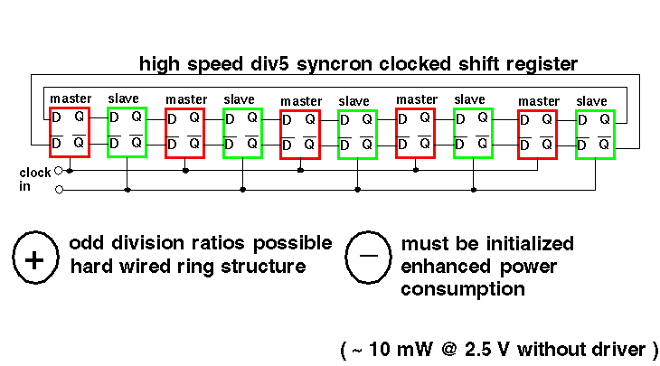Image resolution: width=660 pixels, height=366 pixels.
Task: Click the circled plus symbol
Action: [x=34, y=259]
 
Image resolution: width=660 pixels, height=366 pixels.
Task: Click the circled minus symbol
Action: [x=368, y=257]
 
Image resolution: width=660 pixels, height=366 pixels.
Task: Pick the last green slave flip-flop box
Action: [x=595, y=135]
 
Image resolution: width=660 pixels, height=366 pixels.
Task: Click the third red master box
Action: [x=299, y=134]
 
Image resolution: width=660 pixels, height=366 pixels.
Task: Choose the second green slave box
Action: [x=242, y=133]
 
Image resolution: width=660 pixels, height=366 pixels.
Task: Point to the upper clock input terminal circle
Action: [x=59, y=169]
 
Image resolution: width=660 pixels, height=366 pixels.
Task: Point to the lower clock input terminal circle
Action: [x=59, y=190]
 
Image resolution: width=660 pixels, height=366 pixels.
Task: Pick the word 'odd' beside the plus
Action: [x=86, y=244]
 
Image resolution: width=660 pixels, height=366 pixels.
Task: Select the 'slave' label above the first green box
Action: [x=124, y=98]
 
